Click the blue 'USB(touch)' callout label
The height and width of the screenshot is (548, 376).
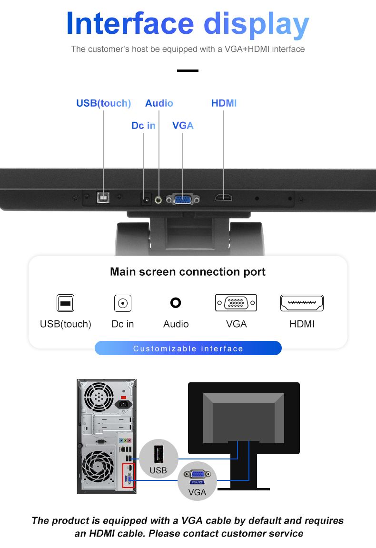coord(103,103)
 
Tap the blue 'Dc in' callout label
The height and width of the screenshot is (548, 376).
coord(143,126)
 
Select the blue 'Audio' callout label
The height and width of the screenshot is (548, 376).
coord(159,103)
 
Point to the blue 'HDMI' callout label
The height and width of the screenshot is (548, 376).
coord(224,103)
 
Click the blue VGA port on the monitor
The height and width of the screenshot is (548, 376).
coord(183,199)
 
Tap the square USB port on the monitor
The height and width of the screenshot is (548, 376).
coord(103,198)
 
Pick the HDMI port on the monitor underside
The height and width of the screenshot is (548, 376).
coord(224,198)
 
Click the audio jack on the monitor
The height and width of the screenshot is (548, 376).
coord(158,200)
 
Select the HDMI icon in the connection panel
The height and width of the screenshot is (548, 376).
coord(302,303)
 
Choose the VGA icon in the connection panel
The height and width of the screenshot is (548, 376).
coord(236,303)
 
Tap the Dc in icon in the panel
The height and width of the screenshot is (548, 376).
coord(123,303)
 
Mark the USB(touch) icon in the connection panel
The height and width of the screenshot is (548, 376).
coord(65,303)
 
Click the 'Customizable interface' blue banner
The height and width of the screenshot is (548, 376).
coord(188,348)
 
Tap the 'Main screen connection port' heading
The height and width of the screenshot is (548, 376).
coord(188,271)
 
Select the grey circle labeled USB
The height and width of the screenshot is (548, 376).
coord(158,458)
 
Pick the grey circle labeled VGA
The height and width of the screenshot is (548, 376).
coord(198,481)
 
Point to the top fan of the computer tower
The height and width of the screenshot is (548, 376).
coord(99,397)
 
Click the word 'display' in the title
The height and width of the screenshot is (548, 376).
coord(256,24)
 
